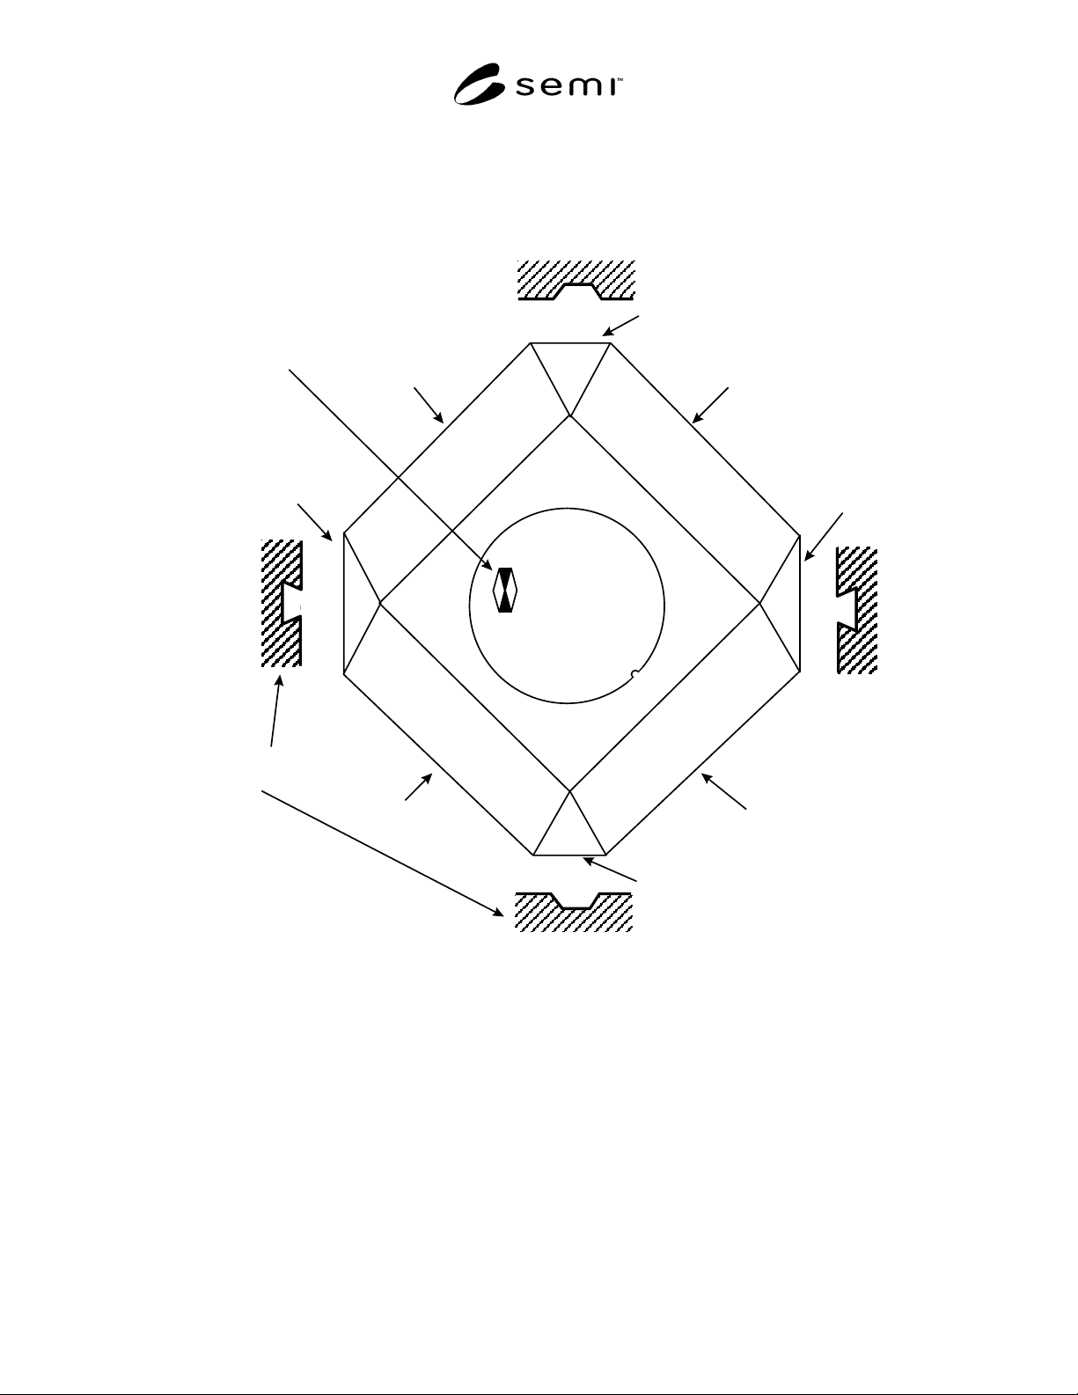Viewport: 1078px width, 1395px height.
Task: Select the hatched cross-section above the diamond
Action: tap(576, 280)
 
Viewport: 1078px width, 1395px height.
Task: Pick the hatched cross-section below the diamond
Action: tap(574, 912)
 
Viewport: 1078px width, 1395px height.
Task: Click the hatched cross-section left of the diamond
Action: tap(282, 603)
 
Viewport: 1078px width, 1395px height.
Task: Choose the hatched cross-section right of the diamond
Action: tap(856, 610)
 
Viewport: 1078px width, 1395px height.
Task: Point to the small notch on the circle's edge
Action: tap(634, 675)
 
